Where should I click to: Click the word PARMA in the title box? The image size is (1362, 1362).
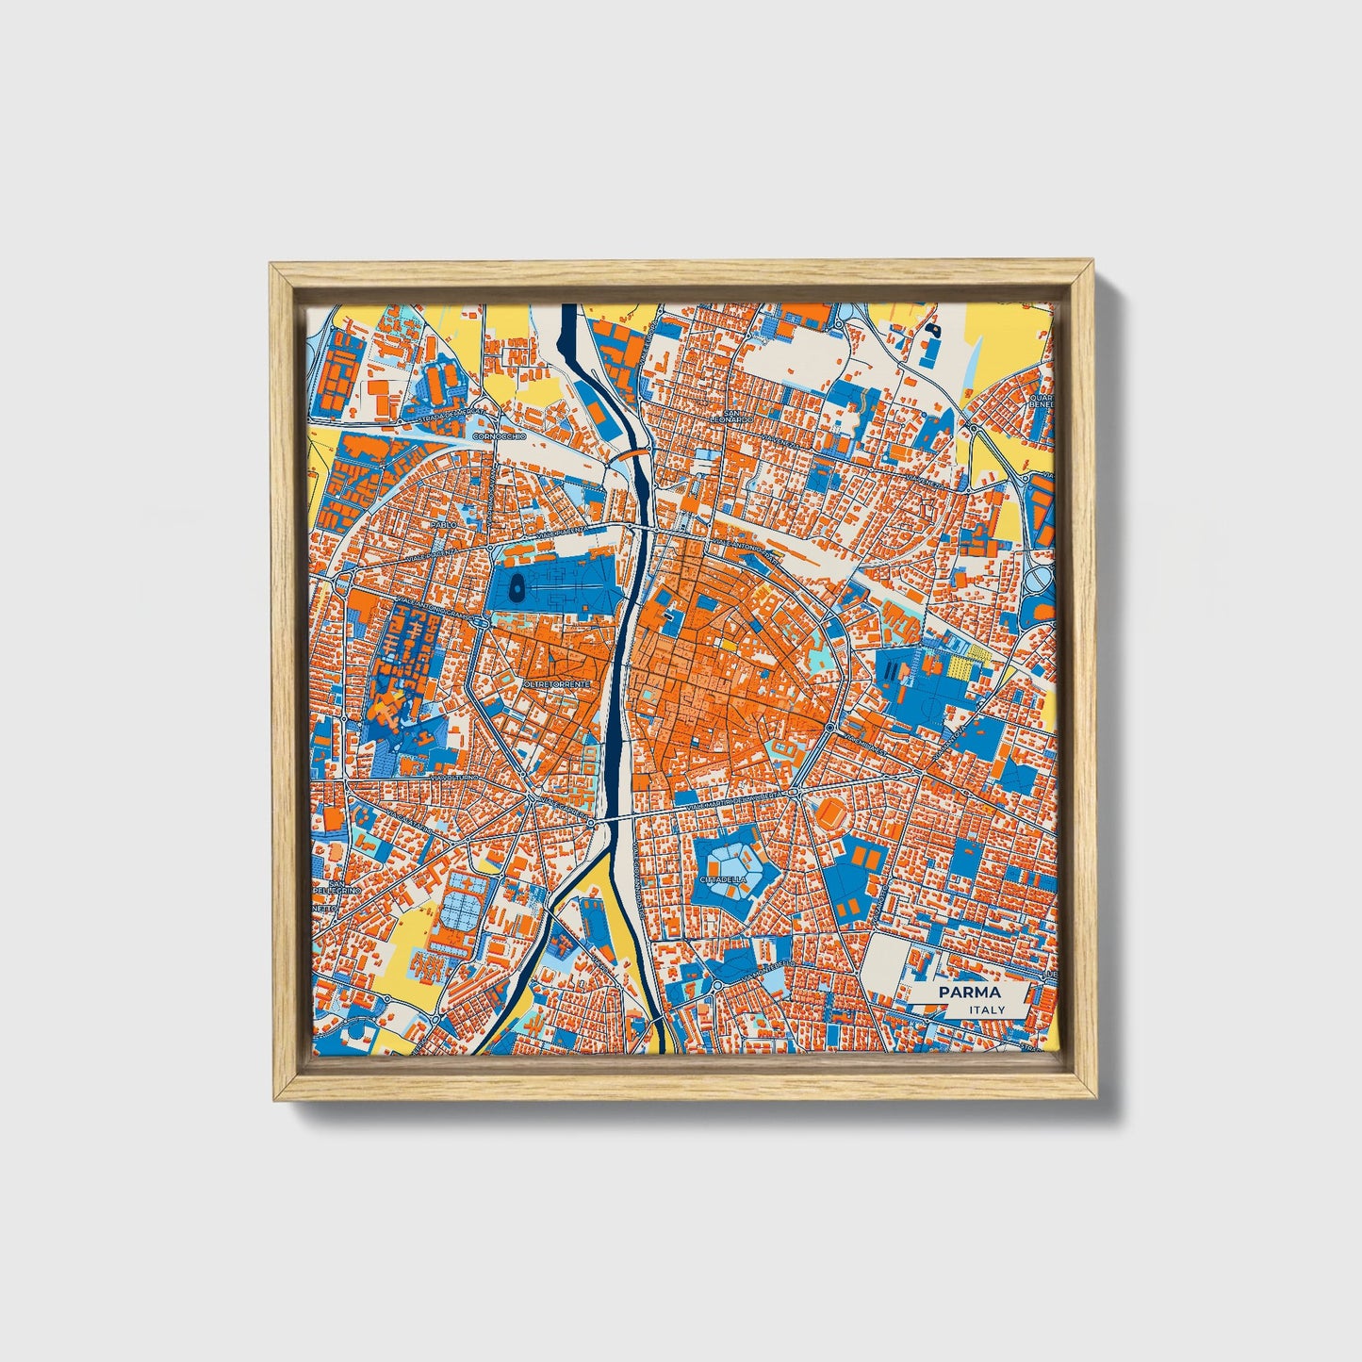point(970,993)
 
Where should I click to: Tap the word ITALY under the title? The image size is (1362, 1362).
point(987,1009)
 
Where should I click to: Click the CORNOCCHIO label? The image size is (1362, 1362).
point(493,437)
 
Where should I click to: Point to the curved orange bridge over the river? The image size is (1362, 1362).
point(632,453)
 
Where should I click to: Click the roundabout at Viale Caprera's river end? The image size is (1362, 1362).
point(591,824)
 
